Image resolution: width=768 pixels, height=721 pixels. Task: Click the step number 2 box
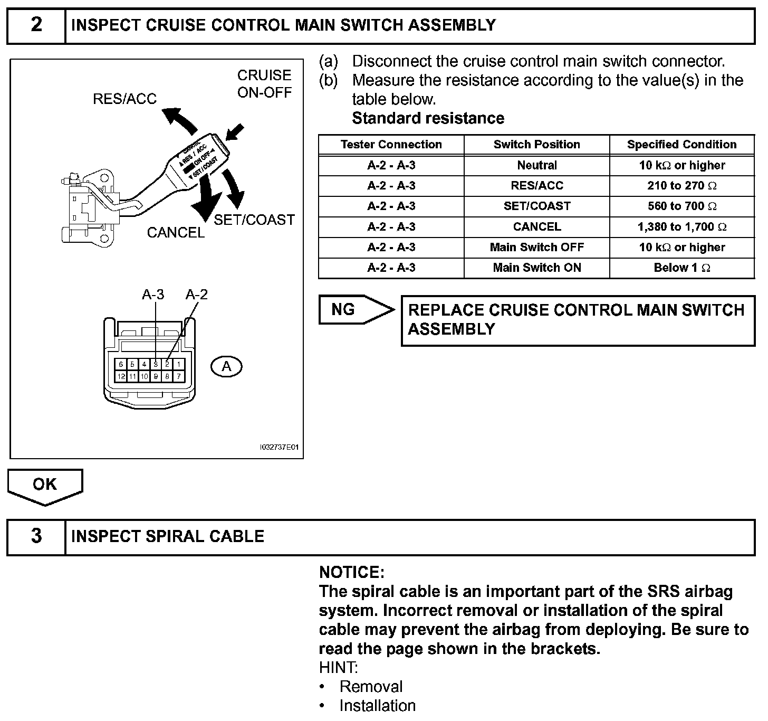pyautogui.click(x=36, y=25)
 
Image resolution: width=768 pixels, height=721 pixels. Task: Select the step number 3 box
pyautogui.click(x=36, y=537)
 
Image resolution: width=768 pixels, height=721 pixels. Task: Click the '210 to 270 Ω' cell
pyautogui.click(x=682, y=186)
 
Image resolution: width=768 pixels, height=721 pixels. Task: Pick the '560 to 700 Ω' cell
pyautogui.click(x=682, y=206)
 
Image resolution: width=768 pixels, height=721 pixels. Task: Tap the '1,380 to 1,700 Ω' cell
pyautogui.click(x=682, y=227)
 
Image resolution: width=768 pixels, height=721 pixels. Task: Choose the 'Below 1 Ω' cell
pyautogui.click(x=682, y=268)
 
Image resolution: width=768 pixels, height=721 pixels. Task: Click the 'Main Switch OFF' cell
pyautogui.click(x=536, y=248)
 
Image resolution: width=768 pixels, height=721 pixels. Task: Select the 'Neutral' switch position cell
pyautogui.click(x=536, y=165)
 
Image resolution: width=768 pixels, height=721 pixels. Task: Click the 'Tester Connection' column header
pyautogui.click(x=391, y=145)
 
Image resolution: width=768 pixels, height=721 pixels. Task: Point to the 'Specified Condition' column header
pyautogui.click(x=682, y=145)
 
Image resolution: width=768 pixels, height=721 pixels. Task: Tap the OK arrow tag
pyautogui.click(x=45, y=486)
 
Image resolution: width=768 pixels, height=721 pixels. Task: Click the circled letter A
pyautogui.click(x=226, y=366)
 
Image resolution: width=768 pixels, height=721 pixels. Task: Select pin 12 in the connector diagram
pyautogui.click(x=121, y=376)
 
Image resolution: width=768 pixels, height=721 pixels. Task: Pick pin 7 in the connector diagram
pyautogui.click(x=179, y=376)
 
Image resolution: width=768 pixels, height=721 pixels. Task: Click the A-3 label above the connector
pyautogui.click(x=153, y=295)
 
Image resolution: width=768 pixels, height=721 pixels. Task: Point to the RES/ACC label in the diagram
pyautogui.click(x=124, y=99)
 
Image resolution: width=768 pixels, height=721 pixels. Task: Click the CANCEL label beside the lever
pyautogui.click(x=176, y=233)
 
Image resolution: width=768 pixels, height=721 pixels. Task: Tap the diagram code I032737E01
pyautogui.click(x=279, y=448)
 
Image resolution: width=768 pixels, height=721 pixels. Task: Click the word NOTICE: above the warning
pyautogui.click(x=352, y=573)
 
